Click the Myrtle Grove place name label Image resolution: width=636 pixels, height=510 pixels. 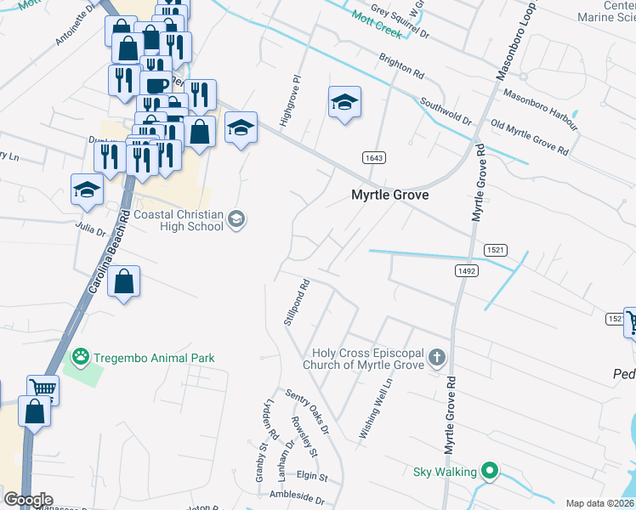point(389,195)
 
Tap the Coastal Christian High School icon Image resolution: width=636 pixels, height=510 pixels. point(236,221)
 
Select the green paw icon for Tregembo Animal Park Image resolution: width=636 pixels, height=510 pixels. point(81,358)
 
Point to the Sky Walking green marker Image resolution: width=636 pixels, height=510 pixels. point(489,470)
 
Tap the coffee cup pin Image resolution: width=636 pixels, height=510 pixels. point(156,85)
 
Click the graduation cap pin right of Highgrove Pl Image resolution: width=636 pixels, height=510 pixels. point(344,103)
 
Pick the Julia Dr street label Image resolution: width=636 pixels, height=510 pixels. point(90,229)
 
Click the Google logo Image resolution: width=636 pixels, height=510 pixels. point(28,500)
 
